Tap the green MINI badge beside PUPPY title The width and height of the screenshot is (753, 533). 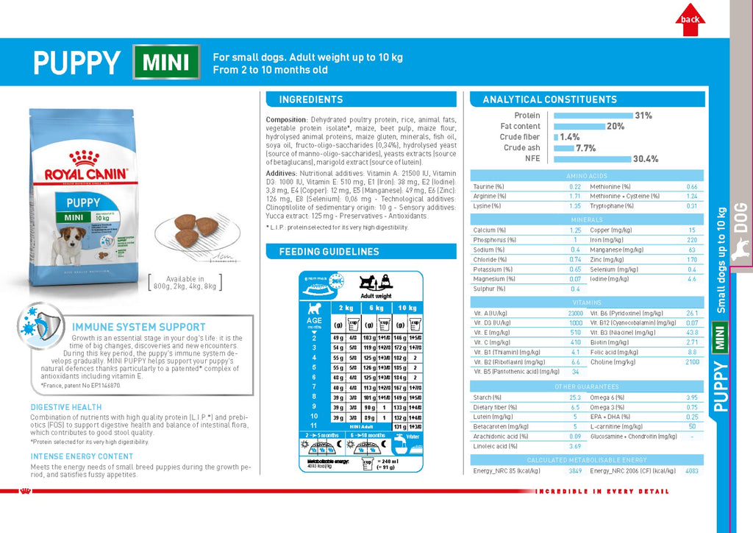[x=166, y=62]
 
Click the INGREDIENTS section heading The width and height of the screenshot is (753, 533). [x=311, y=99]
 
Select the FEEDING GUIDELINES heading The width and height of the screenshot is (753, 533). [x=329, y=252]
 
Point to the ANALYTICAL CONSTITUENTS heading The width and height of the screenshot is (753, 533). [x=550, y=99]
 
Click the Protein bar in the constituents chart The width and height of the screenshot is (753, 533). [x=593, y=116]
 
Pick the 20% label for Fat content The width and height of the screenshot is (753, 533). [x=615, y=127]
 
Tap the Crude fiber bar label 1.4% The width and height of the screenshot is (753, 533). [x=570, y=137]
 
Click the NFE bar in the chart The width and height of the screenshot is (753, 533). [x=592, y=159]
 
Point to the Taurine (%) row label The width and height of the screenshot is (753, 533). [x=489, y=187]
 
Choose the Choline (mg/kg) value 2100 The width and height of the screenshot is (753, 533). [x=692, y=361]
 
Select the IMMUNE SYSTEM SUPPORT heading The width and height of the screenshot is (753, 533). [x=139, y=327]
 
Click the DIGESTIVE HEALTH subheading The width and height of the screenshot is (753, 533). [x=66, y=407]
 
